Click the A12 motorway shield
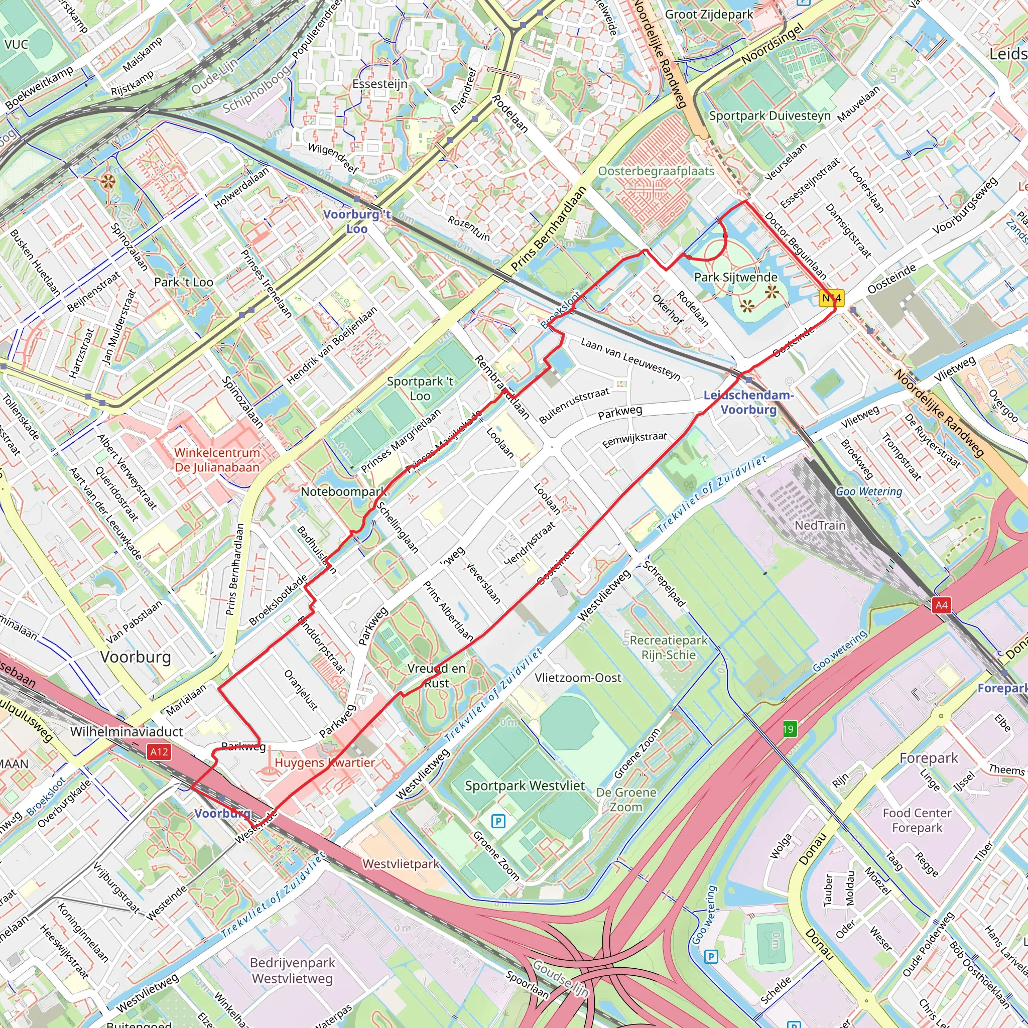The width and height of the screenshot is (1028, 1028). tap(159, 752)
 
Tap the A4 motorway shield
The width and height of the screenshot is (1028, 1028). tap(941, 605)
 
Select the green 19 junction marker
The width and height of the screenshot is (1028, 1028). tap(789, 729)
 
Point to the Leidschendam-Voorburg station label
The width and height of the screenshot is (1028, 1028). tap(748, 402)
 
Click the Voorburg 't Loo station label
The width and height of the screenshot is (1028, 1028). tap(357, 221)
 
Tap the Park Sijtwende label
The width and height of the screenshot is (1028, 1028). tap(736, 277)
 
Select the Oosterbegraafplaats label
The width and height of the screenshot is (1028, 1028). tap(656, 171)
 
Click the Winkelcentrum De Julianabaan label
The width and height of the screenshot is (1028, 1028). tap(217, 460)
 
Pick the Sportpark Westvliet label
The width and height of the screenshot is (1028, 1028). tap(525, 786)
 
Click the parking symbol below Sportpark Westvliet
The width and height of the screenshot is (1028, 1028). tap(498, 821)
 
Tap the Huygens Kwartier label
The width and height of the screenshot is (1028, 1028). tap(325, 762)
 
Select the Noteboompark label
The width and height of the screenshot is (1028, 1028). tap(344, 491)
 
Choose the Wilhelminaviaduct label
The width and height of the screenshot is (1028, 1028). tap(126, 732)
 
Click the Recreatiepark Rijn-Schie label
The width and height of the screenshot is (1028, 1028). tap(668, 647)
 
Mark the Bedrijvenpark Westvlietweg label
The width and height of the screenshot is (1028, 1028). tap(292, 971)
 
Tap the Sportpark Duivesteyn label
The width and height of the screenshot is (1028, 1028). tap(769, 116)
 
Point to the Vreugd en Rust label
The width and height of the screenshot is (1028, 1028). tap(436, 675)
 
